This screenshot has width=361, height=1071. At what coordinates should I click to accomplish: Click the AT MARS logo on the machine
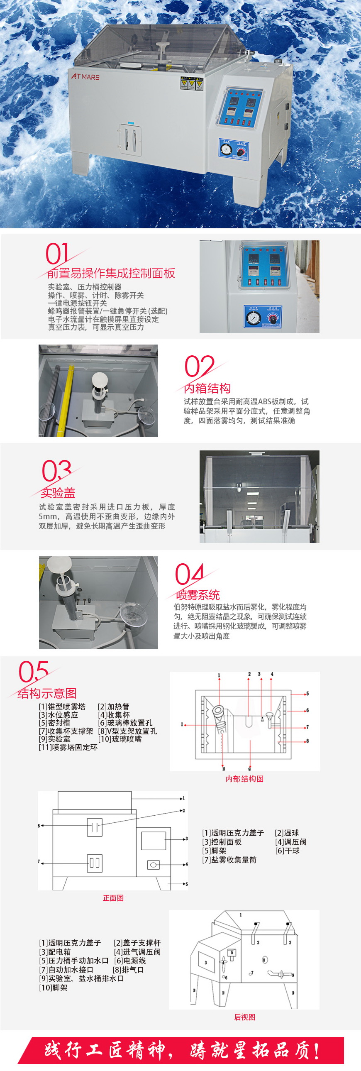85,76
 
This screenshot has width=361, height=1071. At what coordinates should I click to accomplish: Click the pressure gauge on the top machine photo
226,150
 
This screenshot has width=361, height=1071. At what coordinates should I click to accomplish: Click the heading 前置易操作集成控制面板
111,273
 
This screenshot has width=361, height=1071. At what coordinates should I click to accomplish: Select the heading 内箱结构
207,388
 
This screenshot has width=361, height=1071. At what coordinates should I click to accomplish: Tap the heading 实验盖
58,493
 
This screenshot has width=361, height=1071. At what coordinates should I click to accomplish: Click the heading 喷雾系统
198,594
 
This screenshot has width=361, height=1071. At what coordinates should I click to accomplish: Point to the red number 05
33,672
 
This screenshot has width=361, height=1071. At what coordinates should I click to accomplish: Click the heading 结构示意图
47,693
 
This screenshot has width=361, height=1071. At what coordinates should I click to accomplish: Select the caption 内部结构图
244,779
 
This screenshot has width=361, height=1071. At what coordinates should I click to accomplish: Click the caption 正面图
113,897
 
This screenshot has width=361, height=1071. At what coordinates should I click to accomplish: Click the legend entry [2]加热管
113,707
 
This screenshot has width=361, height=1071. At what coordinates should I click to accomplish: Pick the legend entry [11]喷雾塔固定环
68,747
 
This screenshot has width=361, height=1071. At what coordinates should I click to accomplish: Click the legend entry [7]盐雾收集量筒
229,859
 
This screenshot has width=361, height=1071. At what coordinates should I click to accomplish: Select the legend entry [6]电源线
129,961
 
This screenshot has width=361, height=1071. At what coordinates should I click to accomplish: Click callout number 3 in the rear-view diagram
205,962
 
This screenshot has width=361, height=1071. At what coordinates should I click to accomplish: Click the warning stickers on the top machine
192,83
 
